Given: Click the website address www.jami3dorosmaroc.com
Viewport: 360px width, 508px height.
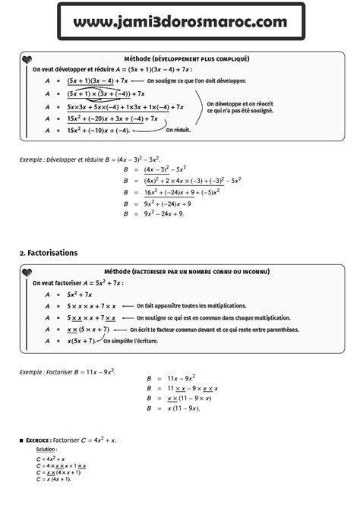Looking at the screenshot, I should (180, 24).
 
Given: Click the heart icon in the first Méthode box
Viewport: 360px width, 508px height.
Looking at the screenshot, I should (27, 60).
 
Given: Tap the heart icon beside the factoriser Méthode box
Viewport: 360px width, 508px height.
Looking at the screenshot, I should (27, 273).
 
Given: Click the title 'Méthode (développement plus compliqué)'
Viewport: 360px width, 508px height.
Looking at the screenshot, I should (186, 58).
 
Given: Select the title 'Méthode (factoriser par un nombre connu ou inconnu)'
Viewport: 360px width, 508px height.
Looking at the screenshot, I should (186, 271).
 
